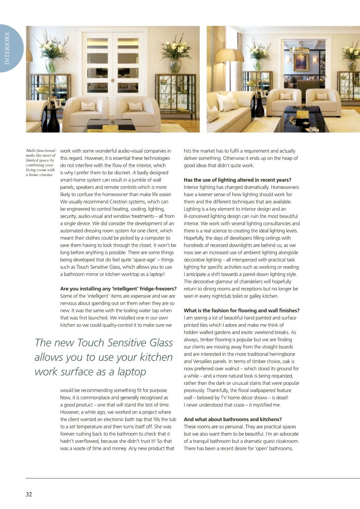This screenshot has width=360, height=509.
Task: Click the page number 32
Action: pos(29,494)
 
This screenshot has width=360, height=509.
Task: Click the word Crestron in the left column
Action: pos(125,201)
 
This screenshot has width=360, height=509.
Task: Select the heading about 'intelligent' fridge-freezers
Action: pos(118,289)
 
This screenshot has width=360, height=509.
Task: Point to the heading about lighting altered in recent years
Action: pos(237,180)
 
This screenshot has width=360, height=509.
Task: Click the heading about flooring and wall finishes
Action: pos(241,310)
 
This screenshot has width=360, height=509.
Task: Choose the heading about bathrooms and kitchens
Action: pos(232,419)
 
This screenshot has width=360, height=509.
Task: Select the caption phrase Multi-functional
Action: pos(41,151)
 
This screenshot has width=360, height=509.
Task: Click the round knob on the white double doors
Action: pos(113,80)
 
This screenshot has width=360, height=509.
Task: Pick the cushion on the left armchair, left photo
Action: pos(88,107)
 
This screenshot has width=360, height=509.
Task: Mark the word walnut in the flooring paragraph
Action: pos(233,369)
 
